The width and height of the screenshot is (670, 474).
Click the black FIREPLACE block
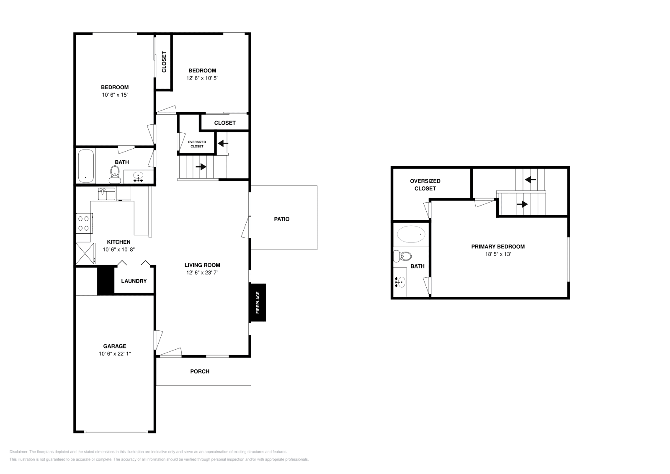point(258,303)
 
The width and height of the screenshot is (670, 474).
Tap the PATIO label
point(281,219)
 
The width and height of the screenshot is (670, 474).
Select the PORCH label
point(200,371)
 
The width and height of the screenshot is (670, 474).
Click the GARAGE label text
point(115,346)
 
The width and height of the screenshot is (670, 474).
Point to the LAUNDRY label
point(134,281)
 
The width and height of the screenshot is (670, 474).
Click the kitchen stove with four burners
point(84,223)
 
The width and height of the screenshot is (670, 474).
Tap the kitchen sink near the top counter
point(107,194)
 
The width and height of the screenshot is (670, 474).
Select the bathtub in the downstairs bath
point(86,165)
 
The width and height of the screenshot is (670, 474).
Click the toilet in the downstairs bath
point(114,174)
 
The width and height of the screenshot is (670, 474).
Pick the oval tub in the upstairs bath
point(411,234)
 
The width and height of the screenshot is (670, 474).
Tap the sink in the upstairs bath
point(400,282)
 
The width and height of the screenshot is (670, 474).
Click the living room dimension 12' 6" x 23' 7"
point(203,273)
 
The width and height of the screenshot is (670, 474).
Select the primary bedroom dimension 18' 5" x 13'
point(498,254)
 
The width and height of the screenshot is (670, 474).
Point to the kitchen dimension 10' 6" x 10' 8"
point(119,250)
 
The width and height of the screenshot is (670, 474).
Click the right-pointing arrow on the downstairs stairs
point(201,167)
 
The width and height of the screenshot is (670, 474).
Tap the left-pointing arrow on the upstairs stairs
point(531,180)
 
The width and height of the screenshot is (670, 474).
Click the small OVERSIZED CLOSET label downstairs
point(197,144)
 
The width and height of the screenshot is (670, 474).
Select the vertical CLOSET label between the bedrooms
point(164,62)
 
